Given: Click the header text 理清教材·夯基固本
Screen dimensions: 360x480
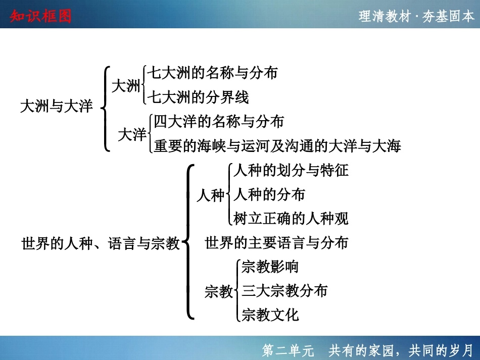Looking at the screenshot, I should (417, 16).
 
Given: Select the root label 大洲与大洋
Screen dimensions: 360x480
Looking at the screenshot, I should (56, 107).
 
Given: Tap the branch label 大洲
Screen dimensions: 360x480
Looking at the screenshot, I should (126, 86).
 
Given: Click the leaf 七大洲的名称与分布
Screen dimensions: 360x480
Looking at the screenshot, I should (212, 73).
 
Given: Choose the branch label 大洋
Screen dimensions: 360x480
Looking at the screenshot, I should (132, 135).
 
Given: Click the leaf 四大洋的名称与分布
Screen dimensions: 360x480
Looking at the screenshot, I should (219, 122).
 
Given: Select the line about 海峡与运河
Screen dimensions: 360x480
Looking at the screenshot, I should (277, 146).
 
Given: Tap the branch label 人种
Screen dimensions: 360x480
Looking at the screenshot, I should (210, 195).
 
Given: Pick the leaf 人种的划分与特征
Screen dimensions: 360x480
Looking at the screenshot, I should (291, 170).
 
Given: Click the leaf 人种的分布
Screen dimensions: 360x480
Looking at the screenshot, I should (269, 194).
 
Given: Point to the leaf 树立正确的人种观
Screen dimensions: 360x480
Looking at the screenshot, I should (291, 219).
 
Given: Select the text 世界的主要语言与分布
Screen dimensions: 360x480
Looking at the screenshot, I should (276, 243).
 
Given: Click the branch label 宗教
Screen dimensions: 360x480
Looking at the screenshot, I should (219, 292).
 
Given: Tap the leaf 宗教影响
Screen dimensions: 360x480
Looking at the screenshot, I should (270, 267).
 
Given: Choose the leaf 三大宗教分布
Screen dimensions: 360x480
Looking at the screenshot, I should (284, 291).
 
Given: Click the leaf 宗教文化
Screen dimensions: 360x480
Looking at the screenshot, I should (270, 315).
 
